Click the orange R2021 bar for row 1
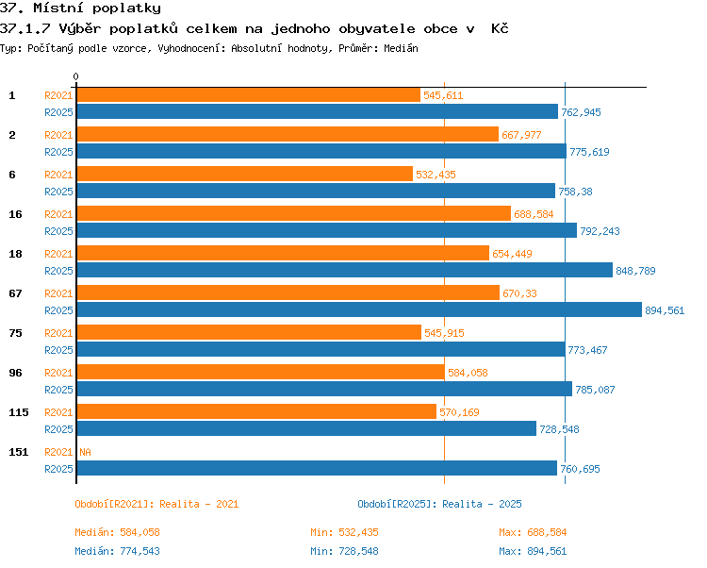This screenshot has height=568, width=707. click(249, 95)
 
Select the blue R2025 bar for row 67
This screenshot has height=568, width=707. click(359, 309)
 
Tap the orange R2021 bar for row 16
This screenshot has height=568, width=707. click(294, 214)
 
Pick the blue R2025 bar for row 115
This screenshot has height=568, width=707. click(306, 428)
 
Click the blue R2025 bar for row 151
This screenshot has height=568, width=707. click(317, 468)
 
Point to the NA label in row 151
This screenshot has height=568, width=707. click(85, 452)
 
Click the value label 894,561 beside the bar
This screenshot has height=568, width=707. click(665, 310)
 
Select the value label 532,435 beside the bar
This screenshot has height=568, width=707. click(436, 175)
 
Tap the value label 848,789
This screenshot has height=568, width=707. click(635, 271)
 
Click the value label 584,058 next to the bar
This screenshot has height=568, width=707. click(468, 373)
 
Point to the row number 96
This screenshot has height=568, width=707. click(15, 373)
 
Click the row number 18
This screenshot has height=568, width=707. click(15, 254)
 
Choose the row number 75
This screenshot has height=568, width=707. click(15, 333)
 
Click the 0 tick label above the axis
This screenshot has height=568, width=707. click(75, 76)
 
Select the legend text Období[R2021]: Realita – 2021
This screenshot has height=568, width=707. click(156, 504)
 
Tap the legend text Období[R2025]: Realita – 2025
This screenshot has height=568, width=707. click(439, 504)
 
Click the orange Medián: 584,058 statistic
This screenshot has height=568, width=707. click(117, 532)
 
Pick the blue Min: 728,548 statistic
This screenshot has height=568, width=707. click(344, 551)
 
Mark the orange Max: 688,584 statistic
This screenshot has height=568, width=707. click(533, 532)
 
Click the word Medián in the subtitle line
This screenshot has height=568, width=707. click(401, 48)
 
